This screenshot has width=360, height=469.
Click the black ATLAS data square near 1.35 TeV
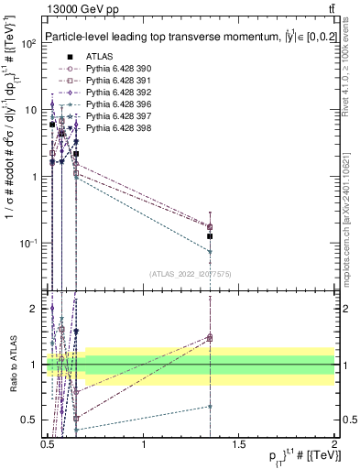click(x=211, y=237)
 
